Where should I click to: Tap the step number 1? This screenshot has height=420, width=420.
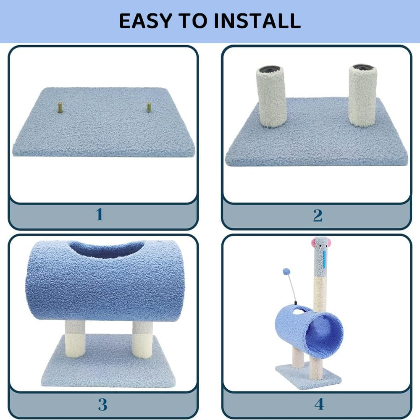point(100,215)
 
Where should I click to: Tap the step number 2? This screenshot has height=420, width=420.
point(318,215)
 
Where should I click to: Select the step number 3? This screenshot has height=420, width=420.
point(102,404)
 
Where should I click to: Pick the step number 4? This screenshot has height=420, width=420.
point(319,404)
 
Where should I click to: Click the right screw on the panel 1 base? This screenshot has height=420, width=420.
point(149,107)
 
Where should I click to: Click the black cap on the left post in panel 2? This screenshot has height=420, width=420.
point(270,68)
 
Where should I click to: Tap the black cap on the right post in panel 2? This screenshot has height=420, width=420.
point(362,67)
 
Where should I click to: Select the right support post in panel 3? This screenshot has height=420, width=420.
point(142,339)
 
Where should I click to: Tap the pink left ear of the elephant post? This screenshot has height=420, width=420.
point(313,242)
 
